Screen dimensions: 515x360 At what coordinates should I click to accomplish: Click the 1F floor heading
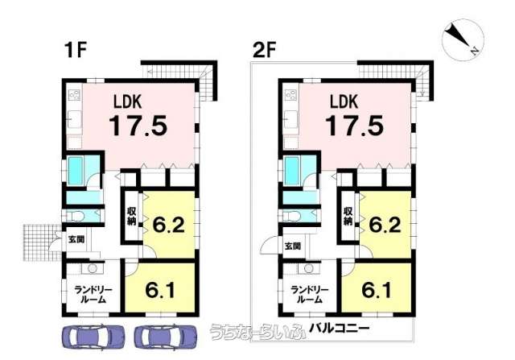pos(76,50)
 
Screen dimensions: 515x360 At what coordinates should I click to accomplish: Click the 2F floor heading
pos(264,50)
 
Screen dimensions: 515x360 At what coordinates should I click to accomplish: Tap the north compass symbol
pos(463,39)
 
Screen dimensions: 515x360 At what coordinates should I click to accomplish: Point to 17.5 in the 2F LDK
pos(354,126)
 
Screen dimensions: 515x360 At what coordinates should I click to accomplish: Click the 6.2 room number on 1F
pos(168,226)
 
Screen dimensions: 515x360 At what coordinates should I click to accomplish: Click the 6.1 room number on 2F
pos(377,290)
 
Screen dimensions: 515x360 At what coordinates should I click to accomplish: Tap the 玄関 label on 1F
pos(76,239)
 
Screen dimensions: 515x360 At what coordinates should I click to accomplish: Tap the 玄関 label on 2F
pos(293,246)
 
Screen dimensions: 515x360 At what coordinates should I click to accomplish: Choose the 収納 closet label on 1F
pos(132,216)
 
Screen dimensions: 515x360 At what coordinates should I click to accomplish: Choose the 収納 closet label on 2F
pos(348,216)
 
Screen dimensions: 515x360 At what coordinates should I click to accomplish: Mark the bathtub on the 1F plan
pos(75,171)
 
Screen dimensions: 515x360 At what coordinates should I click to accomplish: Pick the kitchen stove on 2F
pos(290,95)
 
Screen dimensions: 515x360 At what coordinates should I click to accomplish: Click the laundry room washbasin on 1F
pos(92,268)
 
